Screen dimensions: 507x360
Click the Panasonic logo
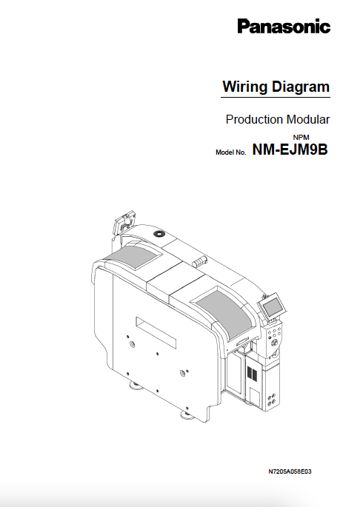coord(283,27)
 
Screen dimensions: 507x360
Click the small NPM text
coord(301,138)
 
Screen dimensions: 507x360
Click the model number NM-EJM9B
coord(290,150)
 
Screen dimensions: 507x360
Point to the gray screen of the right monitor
coord(270,305)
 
